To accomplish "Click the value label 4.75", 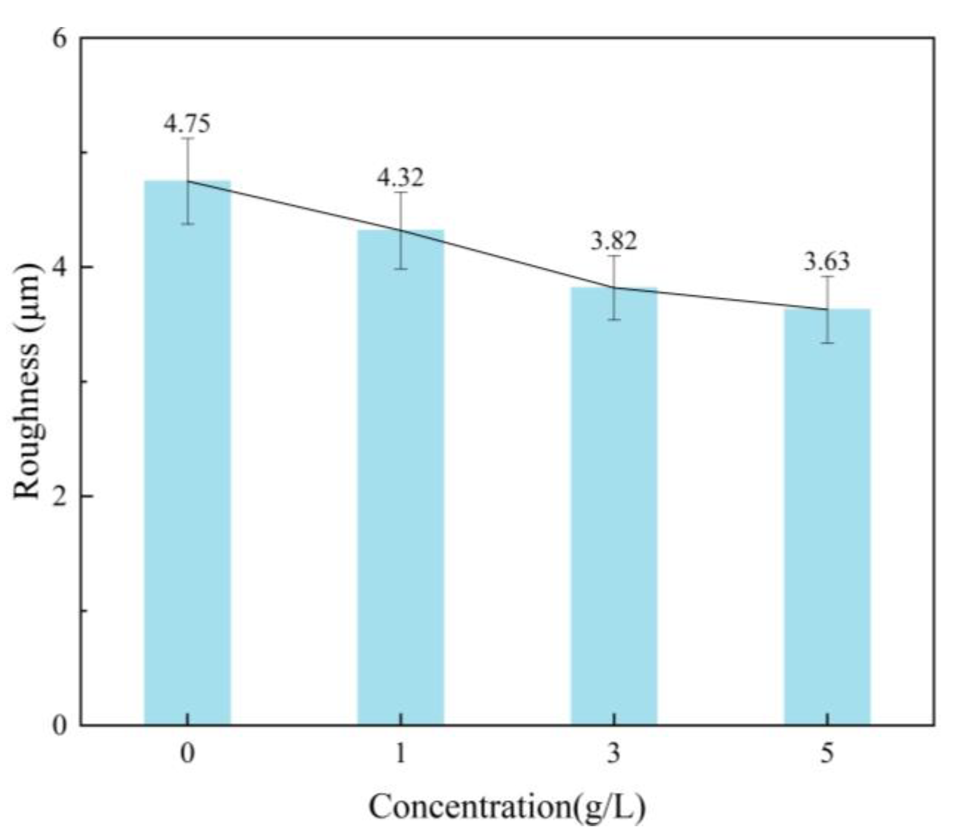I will (187, 123).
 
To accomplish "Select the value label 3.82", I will (614, 241).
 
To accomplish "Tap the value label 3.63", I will (827, 261).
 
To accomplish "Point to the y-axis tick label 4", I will (60, 267).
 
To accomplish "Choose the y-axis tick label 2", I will (60, 496).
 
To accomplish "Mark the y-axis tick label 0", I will (60, 725).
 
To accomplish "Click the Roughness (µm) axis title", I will (26, 382).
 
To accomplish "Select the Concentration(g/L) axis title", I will (507, 808).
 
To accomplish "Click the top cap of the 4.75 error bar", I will (187, 138).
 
